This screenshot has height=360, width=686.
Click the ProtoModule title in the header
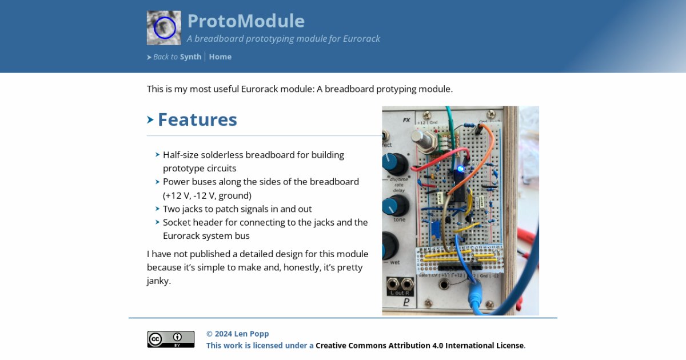point(246,21)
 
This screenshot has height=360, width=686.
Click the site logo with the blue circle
point(164,28)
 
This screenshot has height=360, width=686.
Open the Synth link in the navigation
point(190,57)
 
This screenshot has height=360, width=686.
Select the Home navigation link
point(220,57)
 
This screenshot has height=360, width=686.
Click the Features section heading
point(197,119)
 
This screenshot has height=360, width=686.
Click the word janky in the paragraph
point(158,281)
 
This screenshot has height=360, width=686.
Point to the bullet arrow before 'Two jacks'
point(157,209)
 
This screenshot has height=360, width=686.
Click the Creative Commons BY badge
point(170,339)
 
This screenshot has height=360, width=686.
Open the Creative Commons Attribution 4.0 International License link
point(420,345)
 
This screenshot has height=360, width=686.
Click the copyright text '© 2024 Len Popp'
point(237,334)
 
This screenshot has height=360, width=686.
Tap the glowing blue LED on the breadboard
point(460,169)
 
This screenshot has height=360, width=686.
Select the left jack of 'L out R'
point(393,284)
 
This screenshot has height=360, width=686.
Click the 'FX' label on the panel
point(406,120)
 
